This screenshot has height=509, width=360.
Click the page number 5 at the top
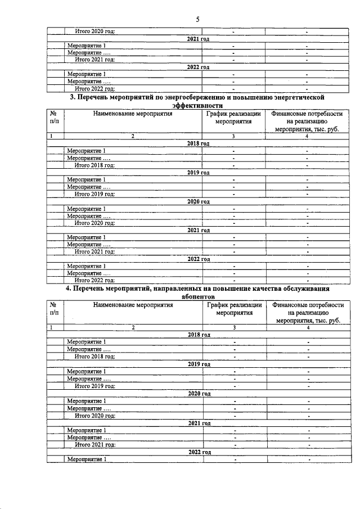(198, 19)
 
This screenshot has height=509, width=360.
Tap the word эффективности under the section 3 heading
(198, 105)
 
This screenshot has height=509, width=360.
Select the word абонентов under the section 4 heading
(199, 296)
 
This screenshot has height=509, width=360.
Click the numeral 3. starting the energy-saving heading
(72, 97)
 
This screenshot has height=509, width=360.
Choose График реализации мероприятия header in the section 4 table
(235, 309)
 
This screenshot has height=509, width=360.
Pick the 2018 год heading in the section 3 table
(198, 143)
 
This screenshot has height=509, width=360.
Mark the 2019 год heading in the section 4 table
(199, 364)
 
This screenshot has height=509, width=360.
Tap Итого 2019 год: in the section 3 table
(95, 194)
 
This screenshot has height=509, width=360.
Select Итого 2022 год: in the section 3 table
(95, 280)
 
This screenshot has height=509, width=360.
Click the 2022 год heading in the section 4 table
(199, 452)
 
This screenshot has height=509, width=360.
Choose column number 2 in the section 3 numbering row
(133, 136)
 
